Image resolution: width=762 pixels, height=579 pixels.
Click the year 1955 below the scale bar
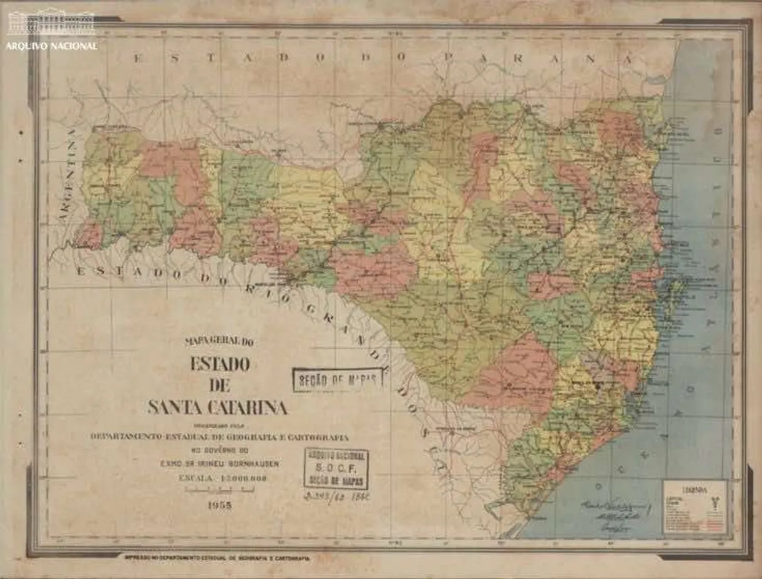pos(219,505)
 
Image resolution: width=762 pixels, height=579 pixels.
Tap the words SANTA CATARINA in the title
pos(218,407)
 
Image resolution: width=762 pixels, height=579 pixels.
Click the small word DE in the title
pos(219,386)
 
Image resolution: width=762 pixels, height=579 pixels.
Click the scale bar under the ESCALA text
pos(219,490)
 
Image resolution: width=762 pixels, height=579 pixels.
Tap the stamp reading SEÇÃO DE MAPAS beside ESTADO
pos(337,380)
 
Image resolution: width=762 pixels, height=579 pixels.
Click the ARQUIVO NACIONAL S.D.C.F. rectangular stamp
pos(336,468)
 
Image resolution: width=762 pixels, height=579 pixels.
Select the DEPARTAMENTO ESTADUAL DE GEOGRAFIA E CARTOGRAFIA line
pos(219,437)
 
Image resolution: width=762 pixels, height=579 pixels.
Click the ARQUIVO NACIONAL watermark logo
pos(52,30)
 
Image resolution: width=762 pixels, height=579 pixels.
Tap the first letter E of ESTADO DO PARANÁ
pos(139,58)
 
